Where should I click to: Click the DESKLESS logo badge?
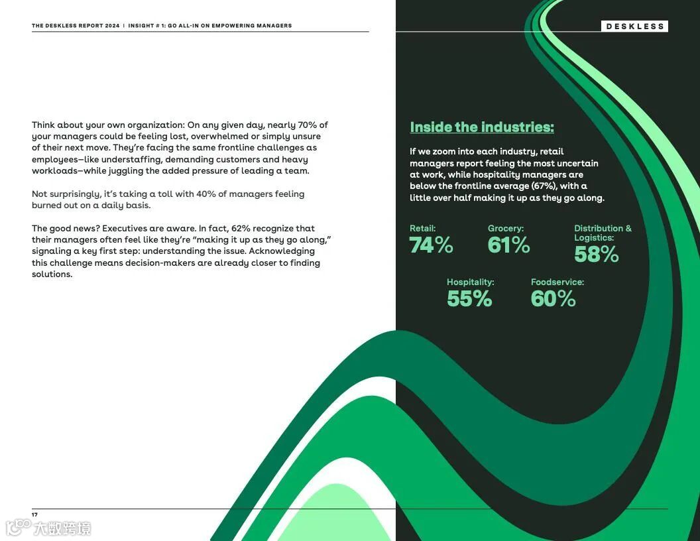[634, 27]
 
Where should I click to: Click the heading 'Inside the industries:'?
[481, 127]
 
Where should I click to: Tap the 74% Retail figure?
[431, 245]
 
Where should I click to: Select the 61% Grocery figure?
[508, 245]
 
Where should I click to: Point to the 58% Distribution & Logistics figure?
[596, 254]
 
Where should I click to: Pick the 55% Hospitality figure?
[469, 298]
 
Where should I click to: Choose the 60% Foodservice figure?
[553, 298]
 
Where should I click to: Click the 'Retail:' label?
[422, 228]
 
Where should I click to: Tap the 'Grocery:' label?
[505, 228]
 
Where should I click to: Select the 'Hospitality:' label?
[470, 282]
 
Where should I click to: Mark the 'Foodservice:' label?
[557, 282]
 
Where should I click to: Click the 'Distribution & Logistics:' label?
[602, 233]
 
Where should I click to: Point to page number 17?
[34, 514]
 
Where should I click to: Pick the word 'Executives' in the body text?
[124, 228]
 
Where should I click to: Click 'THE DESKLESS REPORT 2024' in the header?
[76, 26]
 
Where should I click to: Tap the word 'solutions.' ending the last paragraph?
[52, 274]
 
